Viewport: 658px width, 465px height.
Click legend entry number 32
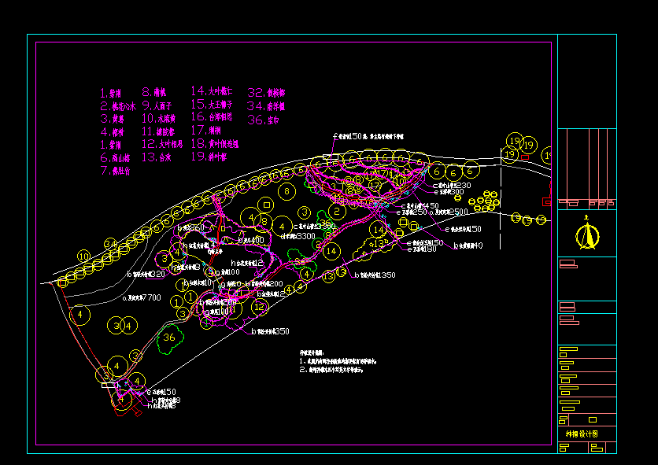click(265, 92)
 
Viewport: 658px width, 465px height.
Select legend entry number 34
click(265, 105)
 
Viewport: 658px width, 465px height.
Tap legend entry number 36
click(264, 120)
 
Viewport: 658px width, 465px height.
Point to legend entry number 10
click(159, 118)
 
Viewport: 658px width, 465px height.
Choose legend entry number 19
click(209, 157)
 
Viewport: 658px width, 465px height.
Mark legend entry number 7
click(115, 170)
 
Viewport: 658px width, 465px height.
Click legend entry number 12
click(162, 144)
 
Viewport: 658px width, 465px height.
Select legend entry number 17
click(206, 130)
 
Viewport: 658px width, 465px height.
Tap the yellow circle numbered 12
click(259, 307)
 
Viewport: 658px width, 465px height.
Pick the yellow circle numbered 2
click(336, 211)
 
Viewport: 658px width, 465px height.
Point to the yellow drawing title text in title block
click(582, 434)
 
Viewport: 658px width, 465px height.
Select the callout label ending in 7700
click(142, 298)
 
